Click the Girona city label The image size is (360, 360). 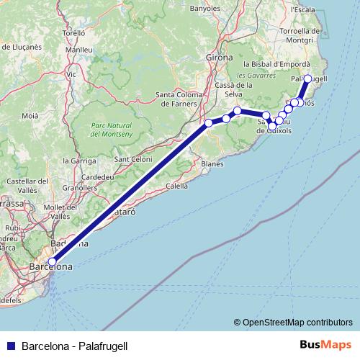(x=220, y=57)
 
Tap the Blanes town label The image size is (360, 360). (x=212, y=164)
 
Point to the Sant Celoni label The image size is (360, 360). (x=132, y=159)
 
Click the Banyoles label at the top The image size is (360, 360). (x=205, y=9)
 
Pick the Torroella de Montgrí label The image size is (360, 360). (x=300, y=36)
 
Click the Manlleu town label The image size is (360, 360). (x=78, y=50)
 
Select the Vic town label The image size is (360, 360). (x=71, y=74)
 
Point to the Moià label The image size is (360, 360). (x=30, y=115)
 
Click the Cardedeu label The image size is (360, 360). (x=96, y=176)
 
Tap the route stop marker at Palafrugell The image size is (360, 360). (x=308, y=78)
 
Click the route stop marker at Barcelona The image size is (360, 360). (x=52, y=262)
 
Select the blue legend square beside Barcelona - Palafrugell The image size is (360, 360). (x=11, y=346)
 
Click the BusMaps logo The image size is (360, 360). (x=323, y=346)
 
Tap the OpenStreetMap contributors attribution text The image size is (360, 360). (x=292, y=323)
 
